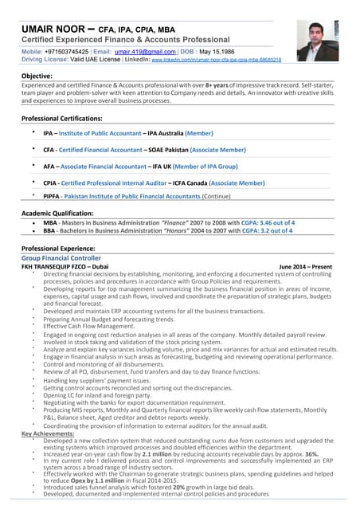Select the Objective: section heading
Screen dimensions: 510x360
point(38,76)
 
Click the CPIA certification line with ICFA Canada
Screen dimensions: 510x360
point(154,182)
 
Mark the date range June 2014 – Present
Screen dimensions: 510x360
point(306,266)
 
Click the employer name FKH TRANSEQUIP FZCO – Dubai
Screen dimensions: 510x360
point(65,266)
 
